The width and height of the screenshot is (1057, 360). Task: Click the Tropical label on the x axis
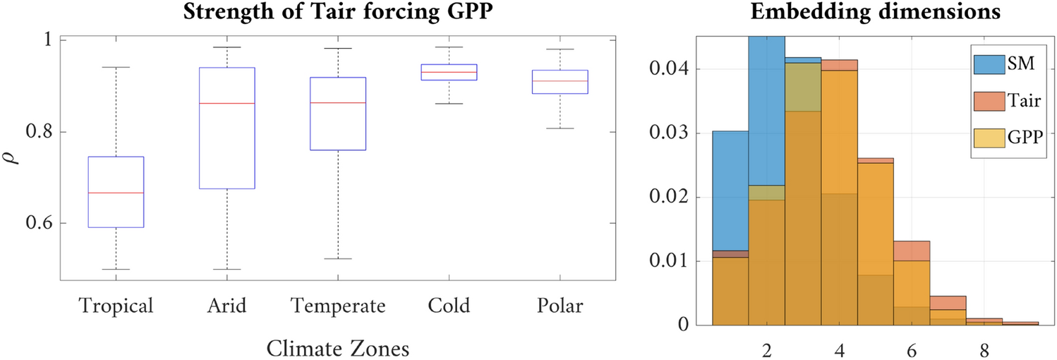pos(116,307)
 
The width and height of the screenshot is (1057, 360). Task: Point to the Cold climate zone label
pos(449,307)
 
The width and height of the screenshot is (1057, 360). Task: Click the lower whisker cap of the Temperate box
pos(338,259)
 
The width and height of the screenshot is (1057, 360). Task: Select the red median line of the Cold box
pos(449,72)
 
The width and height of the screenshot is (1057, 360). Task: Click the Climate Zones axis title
pos(338,348)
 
